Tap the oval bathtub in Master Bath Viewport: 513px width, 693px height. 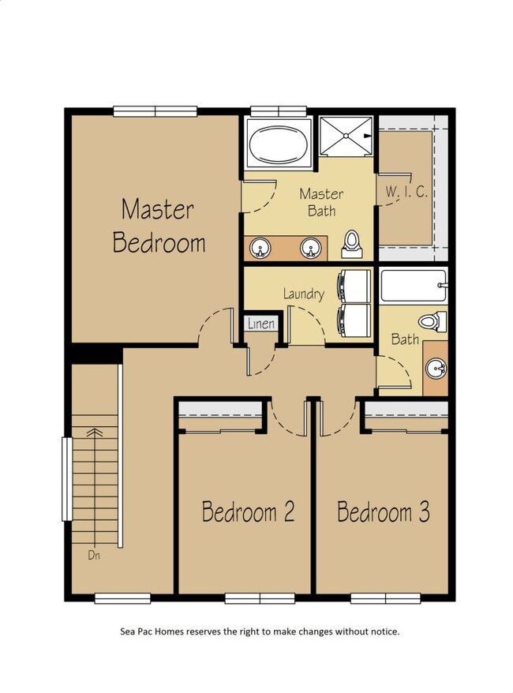click(x=279, y=143)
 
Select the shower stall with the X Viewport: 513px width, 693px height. click(x=346, y=136)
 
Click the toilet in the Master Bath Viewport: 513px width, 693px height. click(x=352, y=244)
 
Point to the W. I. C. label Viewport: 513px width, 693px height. click(x=406, y=191)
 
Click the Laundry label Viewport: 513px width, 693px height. click(x=304, y=294)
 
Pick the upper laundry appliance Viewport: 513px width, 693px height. click(x=354, y=286)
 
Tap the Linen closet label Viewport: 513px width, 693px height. click(x=261, y=324)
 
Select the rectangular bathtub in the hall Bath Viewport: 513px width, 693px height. click(x=413, y=286)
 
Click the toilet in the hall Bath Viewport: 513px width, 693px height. click(x=433, y=321)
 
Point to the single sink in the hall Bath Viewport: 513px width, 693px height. click(x=436, y=368)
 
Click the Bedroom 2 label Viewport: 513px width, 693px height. click(x=248, y=511)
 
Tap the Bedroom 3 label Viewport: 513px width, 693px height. click(x=383, y=511)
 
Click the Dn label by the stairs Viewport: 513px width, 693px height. click(x=94, y=555)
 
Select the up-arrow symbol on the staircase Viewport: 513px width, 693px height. click(x=95, y=433)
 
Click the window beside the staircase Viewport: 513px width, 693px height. click(x=66, y=478)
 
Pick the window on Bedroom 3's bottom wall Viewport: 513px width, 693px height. click(x=385, y=598)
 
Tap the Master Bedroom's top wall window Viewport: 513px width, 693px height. click(x=155, y=111)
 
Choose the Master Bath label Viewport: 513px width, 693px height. click(x=321, y=202)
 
